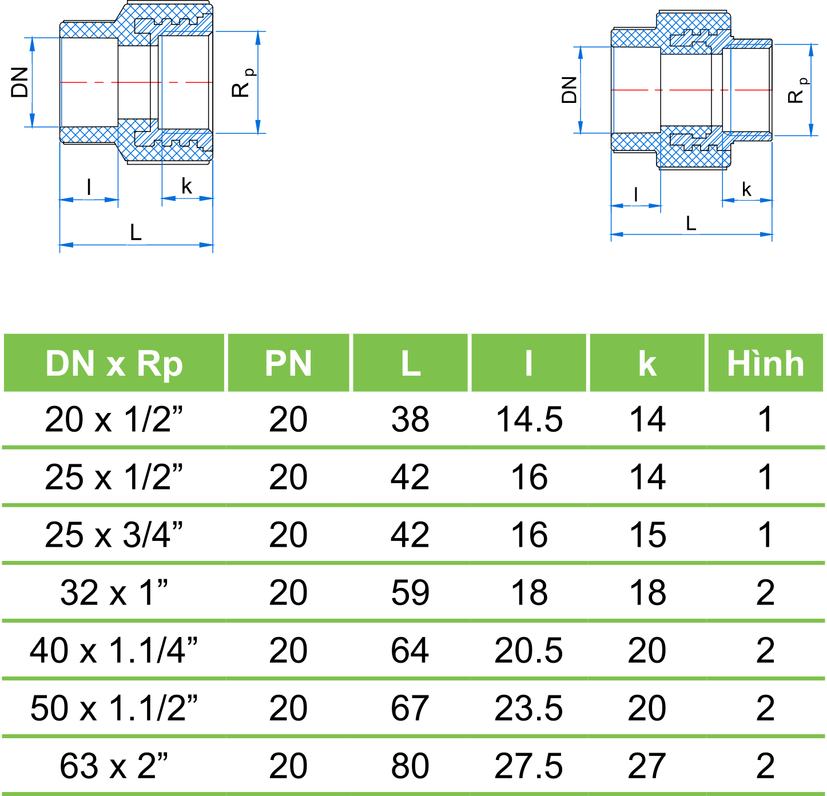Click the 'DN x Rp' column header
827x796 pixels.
click(114, 364)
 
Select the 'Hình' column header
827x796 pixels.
click(765, 364)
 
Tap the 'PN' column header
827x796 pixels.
click(288, 364)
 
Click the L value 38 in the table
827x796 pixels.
click(410, 419)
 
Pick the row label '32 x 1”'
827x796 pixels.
click(114, 592)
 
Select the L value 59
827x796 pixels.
click(410, 592)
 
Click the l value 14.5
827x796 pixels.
click(529, 419)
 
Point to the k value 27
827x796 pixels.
click(647, 766)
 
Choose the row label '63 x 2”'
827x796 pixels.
click(114, 766)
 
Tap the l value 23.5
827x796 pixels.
click(529, 708)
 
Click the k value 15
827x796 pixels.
click(647, 535)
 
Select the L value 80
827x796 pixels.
click(410, 766)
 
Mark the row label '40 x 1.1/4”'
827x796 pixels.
click(114, 650)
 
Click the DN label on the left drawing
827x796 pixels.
click(20, 82)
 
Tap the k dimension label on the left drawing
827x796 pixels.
click(186, 186)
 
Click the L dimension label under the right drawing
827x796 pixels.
click(691, 223)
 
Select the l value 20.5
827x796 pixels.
click(529, 650)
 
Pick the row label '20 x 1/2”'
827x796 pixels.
click(114, 419)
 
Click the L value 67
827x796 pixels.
click(410, 708)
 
